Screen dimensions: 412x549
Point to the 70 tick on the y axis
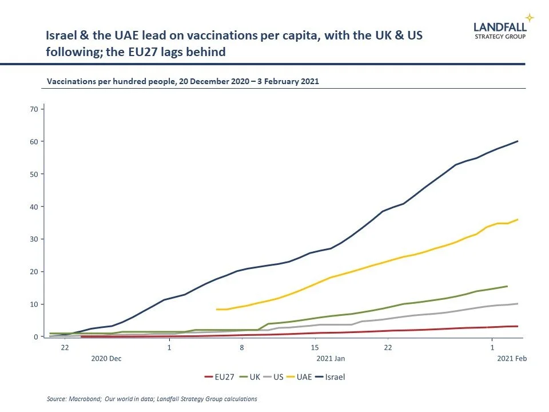coord(34,109)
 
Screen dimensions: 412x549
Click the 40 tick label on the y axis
coord(34,207)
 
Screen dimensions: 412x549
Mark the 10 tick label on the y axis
coord(34,304)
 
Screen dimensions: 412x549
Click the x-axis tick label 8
coord(242,348)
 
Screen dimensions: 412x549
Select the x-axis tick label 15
coord(315,348)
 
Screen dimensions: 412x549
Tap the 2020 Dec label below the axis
coord(108,359)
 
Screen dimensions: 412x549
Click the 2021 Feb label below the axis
coord(512,359)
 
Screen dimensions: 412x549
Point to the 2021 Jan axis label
coord(331,359)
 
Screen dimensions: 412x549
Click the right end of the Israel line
coord(518,141)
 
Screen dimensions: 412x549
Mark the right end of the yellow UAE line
coord(518,219)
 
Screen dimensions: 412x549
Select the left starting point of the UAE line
coord(217,310)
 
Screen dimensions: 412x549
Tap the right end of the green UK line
coord(507,286)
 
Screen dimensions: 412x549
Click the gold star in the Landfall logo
coord(530,18)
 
